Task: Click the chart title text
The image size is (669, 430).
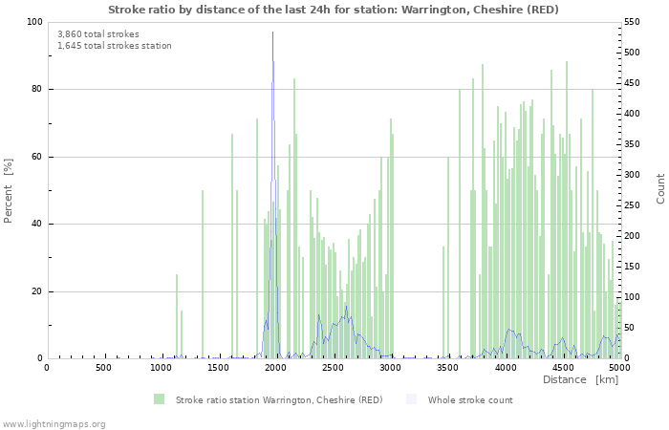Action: [x=334, y=10]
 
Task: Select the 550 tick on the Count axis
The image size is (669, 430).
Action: [x=635, y=22]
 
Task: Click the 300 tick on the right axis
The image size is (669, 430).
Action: [x=635, y=175]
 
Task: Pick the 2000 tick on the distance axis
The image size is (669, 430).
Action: [x=275, y=368]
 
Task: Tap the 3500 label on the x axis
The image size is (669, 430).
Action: [x=447, y=368]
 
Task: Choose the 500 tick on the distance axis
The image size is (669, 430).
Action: [x=103, y=368]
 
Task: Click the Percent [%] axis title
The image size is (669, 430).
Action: [x=9, y=190]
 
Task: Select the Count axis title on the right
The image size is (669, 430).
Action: [x=660, y=188]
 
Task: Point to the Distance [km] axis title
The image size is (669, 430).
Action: [x=581, y=380]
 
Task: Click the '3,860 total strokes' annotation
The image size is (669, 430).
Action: [x=97, y=34]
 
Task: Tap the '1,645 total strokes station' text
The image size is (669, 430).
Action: [x=115, y=46]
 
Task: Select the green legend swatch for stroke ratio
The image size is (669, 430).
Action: [x=159, y=399]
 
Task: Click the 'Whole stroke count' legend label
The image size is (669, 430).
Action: [x=470, y=400]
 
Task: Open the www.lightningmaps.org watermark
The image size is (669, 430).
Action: [x=54, y=423]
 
